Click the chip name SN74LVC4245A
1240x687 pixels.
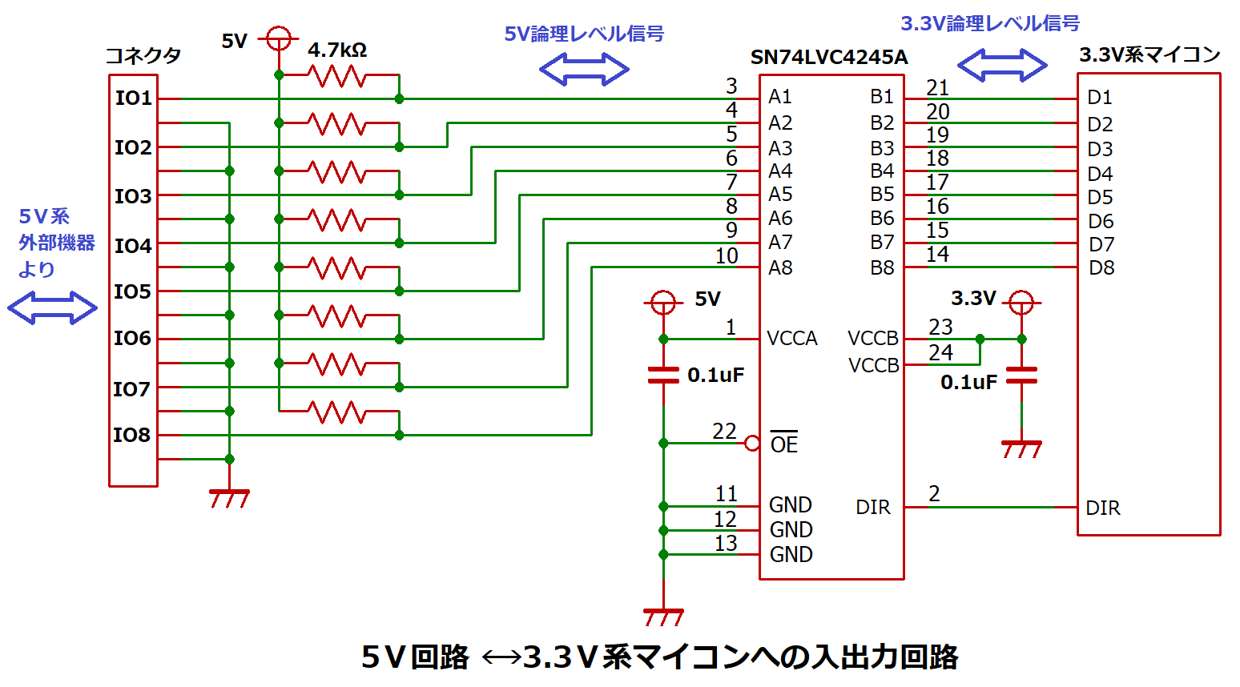pyautogui.click(x=828, y=58)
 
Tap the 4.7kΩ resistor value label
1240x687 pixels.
pyautogui.click(x=337, y=50)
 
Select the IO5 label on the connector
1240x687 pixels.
pyautogui.click(x=132, y=292)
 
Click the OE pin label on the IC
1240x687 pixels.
pyautogui.click(x=783, y=444)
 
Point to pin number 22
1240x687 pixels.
pyautogui.click(x=724, y=431)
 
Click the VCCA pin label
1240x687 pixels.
pyautogui.click(x=791, y=339)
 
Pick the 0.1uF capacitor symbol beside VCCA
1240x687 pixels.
pyautogui.click(x=663, y=375)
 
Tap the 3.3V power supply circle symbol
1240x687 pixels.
pyautogui.click(x=1021, y=303)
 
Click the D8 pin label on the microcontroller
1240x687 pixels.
pyautogui.click(x=1101, y=268)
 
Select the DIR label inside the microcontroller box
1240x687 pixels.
pyautogui.click(x=1102, y=508)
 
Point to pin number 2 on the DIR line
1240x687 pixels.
pyautogui.click(x=934, y=494)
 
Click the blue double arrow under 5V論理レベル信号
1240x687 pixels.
pyautogui.click(x=584, y=70)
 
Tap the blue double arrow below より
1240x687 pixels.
pyautogui.click(x=52, y=307)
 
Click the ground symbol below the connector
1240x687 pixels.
pyautogui.click(x=229, y=498)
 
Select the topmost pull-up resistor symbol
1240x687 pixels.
pyautogui.click(x=337, y=76)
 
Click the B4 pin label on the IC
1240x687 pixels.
pyautogui.click(x=882, y=171)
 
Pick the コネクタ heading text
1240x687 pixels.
pyautogui.click(x=143, y=56)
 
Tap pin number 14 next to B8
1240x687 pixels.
pyautogui.click(x=937, y=255)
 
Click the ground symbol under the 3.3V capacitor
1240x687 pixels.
pyautogui.click(x=1021, y=449)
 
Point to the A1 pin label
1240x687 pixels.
pyautogui.click(x=779, y=97)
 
